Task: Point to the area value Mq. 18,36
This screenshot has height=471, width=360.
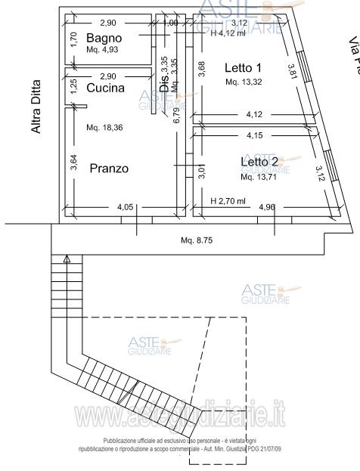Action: [104, 127]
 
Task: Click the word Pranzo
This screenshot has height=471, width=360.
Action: [109, 168]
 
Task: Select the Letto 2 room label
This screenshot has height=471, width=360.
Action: [259, 162]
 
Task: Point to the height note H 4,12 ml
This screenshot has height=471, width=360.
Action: [228, 33]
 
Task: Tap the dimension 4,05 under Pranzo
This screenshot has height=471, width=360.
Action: [126, 206]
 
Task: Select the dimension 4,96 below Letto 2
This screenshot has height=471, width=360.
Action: [268, 206]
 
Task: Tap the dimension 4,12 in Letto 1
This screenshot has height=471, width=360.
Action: [255, 115]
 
